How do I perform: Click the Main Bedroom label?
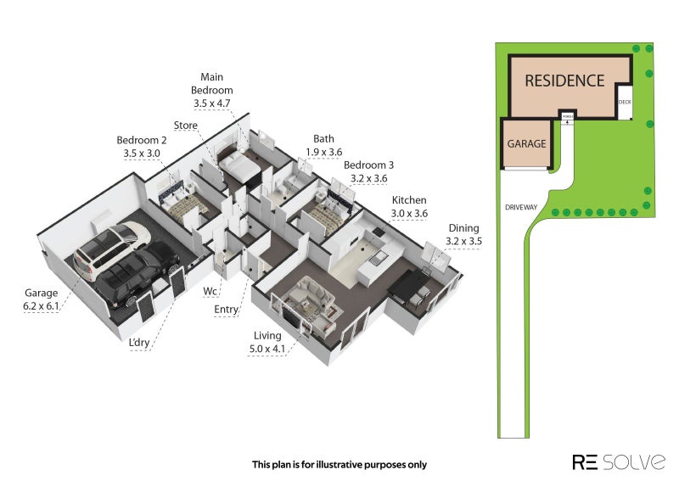(211, 91)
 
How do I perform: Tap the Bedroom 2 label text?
(142, 147)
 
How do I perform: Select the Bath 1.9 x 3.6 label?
(323, 145)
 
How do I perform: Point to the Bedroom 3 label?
(369, 171)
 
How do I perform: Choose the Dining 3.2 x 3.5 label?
(463, 234)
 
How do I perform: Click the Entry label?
(226, 310)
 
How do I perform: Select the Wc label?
(210, 292)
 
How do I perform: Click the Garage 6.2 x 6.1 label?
(42, 299)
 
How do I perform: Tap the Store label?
(186, 126)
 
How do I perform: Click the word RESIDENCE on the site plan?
(564, 81)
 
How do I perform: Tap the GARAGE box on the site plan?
(526, 144)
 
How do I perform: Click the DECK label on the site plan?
(625, 102)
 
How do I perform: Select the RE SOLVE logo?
(618, 461)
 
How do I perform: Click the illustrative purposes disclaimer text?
(339, 464)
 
